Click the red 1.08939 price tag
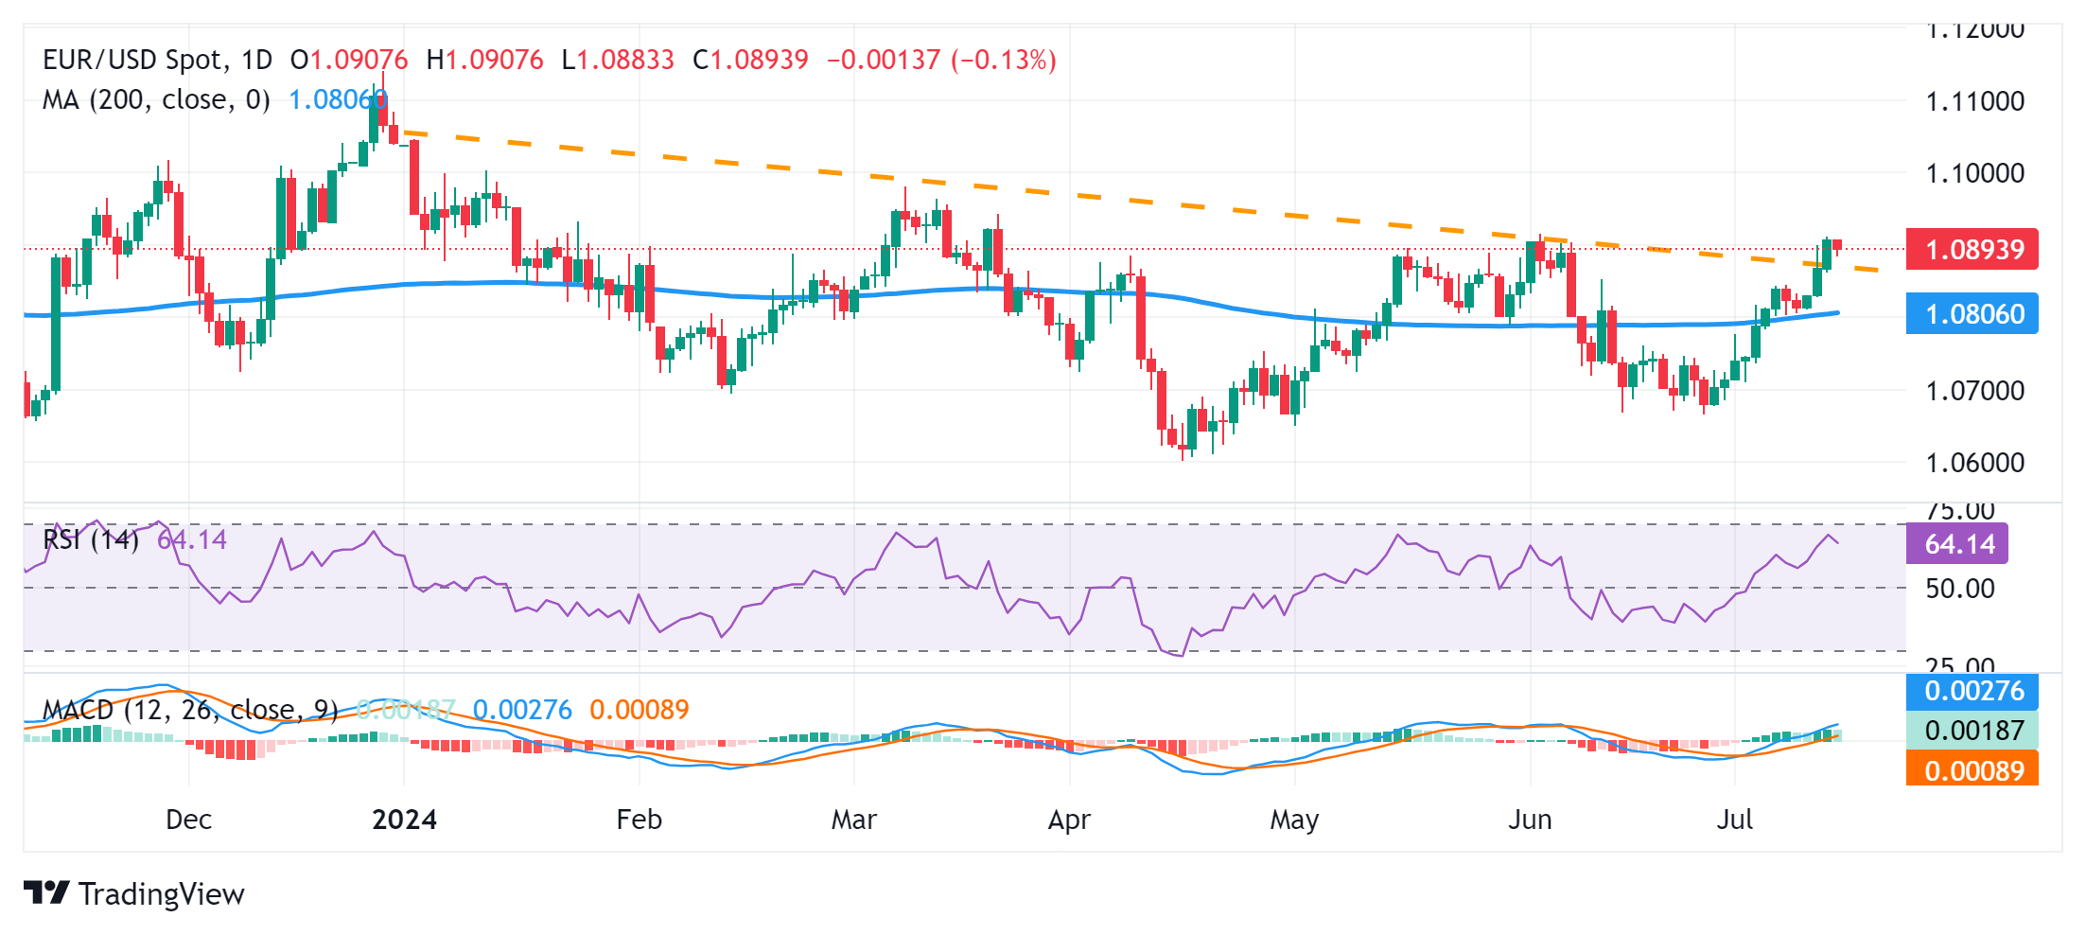click(1972, 250)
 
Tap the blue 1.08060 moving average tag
click(1972, 314)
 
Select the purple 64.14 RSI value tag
click(1956, 544)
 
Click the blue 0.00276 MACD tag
click(1972, 691)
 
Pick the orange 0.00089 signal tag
click(1972, 770)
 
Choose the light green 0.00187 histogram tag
click(1972, 731)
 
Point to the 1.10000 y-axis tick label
click(1975, 173)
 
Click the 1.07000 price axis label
click(1975, 390)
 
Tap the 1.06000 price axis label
click(1975, 463)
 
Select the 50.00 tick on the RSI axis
click(1960, 589)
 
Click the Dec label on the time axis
click(188, 820)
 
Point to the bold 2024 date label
click(404, 820)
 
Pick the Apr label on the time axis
click(1069, 820)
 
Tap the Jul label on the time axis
click(1735, 820)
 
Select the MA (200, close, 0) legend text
click(156, 99)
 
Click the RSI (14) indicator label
click(91, 540)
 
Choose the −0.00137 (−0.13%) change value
click(941, 61)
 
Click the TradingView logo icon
click(45, 893)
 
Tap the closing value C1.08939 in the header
click(750, 61)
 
